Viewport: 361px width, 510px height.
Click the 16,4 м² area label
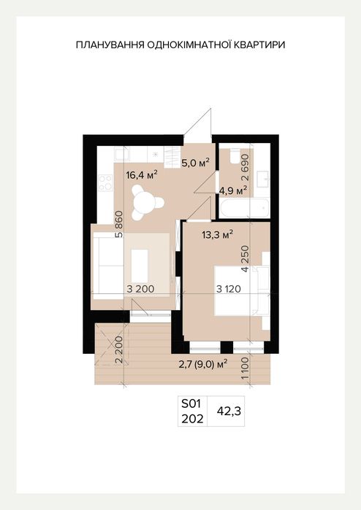click(x=142, y=175)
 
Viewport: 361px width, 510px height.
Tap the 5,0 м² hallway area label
click(x=195, y=163)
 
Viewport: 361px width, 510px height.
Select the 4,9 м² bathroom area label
click(x=232, y=190)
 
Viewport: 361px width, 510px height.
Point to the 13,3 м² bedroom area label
click(x=217, y=234)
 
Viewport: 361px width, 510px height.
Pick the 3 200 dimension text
click(x=141, y=289)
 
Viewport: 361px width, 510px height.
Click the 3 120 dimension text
click(x=229, y=289)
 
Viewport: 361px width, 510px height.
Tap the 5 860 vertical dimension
click(x=120, y=225)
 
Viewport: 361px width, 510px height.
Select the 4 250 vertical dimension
click(x=245, y=258)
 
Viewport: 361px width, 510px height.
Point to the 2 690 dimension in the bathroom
click(x=245, y=167)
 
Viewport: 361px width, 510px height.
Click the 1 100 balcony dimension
click(x=245, y=368)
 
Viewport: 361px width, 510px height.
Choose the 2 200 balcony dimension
click(x=120, y=349)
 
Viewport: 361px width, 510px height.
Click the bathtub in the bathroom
click(x=244, y=209)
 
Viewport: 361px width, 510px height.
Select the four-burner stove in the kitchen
click(x=105, y=183)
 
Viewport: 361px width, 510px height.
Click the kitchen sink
click(x=122, y=153)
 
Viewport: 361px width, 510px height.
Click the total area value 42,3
click(x=229, y=412)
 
